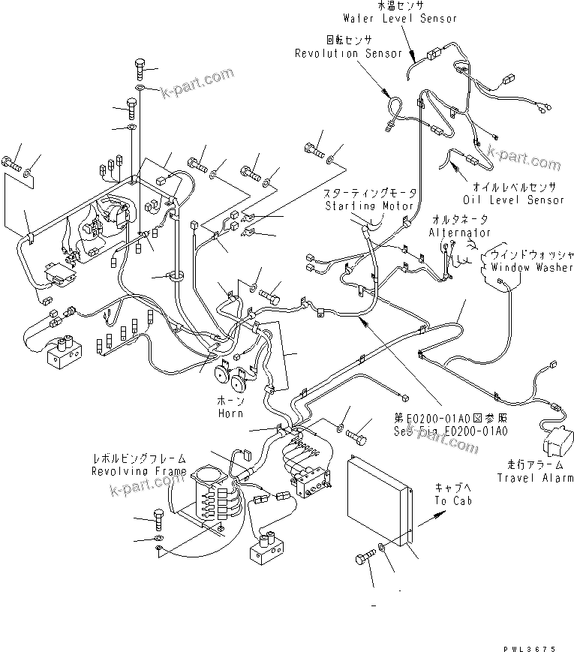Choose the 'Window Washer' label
click(532, 267)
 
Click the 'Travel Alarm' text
click(536, 477)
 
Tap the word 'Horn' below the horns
click(230, 413)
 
